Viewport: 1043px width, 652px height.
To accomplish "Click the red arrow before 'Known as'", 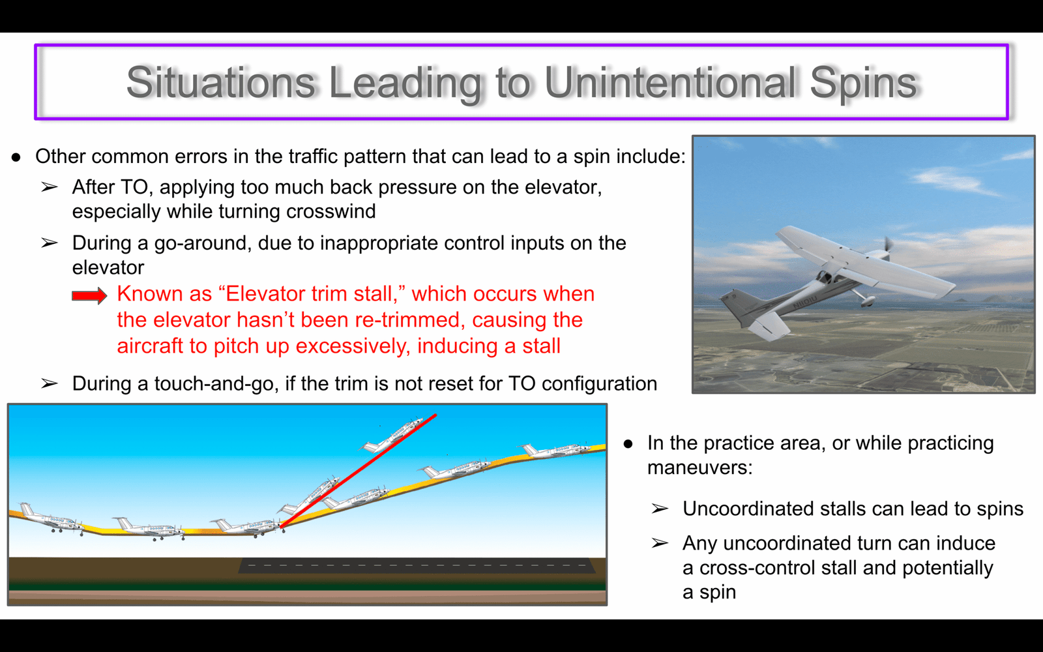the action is [x=89, y=295].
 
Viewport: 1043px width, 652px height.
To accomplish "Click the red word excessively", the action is [x=353, y=346].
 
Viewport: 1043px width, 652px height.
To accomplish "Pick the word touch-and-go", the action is [x=216, y=384].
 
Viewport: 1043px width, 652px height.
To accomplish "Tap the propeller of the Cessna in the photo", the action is [x=887, y=247].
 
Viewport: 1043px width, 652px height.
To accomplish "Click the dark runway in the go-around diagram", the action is [x=417, y=565].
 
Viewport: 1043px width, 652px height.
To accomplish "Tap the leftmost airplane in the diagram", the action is [x=51, y=518].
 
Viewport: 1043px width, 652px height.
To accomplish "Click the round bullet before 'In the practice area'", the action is [x=628, y=444].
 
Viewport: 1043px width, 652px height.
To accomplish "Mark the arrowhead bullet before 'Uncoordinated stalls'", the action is [x=660, y=509].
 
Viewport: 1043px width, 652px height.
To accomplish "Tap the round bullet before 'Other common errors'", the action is [x=16, y=157].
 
